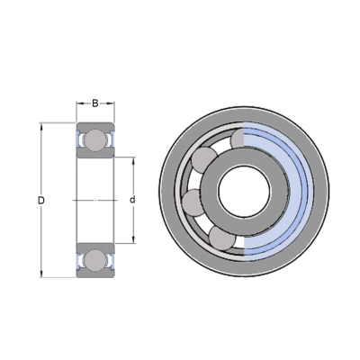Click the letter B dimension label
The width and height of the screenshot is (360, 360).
coord(95,103)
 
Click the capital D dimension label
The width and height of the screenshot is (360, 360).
coord(41,200)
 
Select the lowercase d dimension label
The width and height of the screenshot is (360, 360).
coord(132,200)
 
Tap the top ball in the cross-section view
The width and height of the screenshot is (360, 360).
coord(95,140)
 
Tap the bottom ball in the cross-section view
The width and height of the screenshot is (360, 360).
coord(95,260)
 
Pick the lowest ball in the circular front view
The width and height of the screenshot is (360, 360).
coord(222,238)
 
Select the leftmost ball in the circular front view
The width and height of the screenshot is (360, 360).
coord(195,202)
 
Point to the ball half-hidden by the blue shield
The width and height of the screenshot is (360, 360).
coord(238,139)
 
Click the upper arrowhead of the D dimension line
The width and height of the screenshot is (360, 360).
coord(41,126)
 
